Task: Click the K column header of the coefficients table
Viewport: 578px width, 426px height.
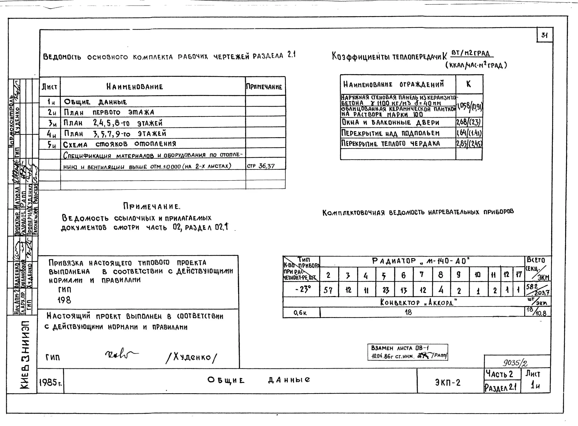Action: point(468,84)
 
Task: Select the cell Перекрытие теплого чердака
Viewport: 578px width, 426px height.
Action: point(390,143)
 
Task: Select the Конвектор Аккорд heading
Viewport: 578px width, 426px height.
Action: point(418,302)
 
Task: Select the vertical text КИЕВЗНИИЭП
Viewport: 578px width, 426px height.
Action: point(25,355)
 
